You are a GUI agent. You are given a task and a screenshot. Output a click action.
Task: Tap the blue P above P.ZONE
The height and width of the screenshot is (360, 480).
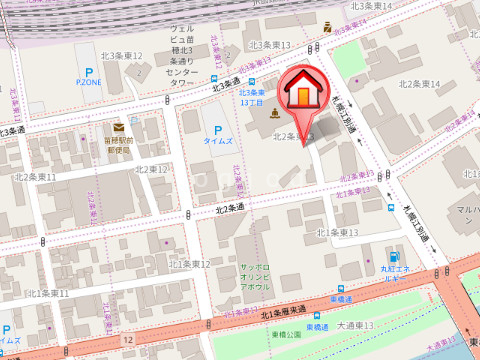(89, 73)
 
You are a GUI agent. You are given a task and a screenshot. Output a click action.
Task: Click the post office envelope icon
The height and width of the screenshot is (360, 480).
(119, 127)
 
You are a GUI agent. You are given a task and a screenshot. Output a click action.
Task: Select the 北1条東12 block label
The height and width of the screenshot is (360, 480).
(190, 264)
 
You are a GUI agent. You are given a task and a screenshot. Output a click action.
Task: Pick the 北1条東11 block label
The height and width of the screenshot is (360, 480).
(48, 293)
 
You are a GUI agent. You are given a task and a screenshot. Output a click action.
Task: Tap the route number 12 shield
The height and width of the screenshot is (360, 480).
(128, 341)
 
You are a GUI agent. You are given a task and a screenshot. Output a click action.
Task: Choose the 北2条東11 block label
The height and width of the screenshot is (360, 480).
(36, 176)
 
